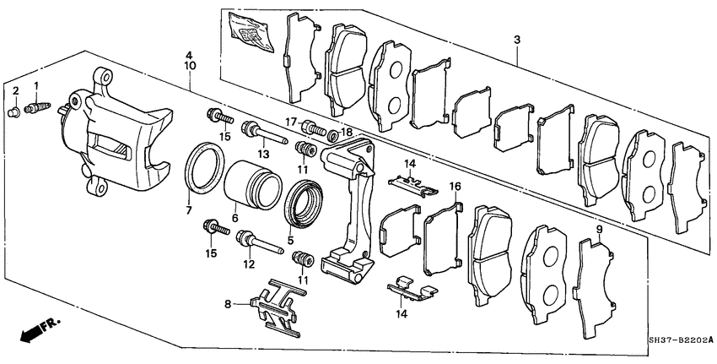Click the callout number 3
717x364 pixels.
click(516, 40)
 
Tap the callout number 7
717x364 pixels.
click(188, 209)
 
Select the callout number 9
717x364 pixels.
click(598, 229)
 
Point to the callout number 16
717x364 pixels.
click(455, 187)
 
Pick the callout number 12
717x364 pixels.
click(248, 264)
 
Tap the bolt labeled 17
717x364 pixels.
click(313, 129)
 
